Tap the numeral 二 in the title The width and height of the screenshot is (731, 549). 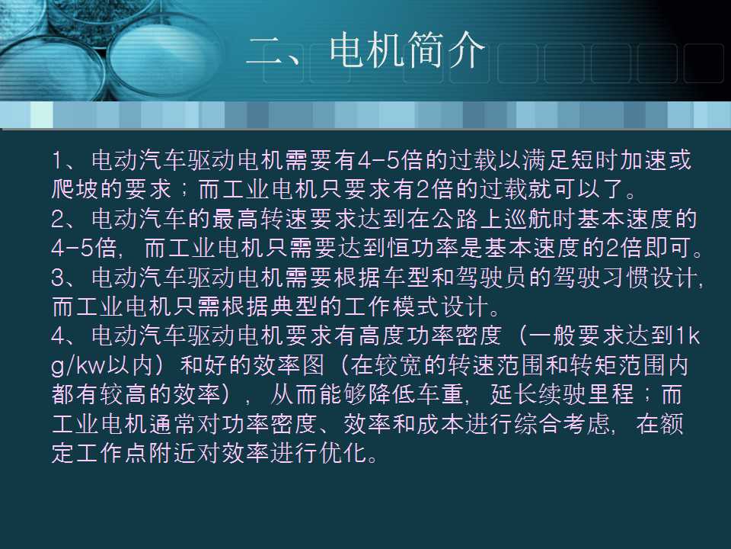268,53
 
